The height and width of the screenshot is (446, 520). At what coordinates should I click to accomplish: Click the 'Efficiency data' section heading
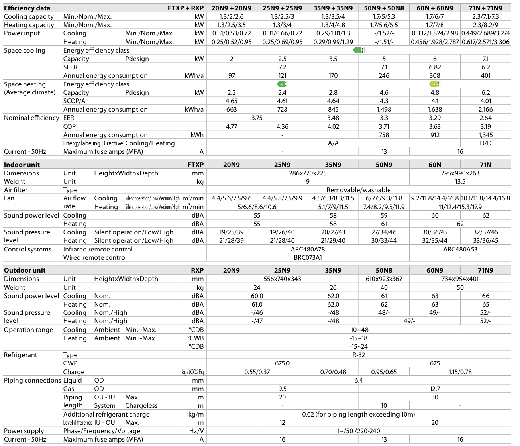click(x=27, y=8)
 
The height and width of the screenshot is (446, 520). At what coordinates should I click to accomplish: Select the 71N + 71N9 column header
click(x=485, y=8)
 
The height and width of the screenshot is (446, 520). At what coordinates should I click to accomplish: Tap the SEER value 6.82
click(x=434, y=67)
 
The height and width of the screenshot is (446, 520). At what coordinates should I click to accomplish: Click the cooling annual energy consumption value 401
click(x=485, y=76)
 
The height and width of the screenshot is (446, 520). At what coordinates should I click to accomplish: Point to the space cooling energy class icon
click(x=358, y=50)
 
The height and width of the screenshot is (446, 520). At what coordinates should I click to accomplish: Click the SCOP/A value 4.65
click(x=232, y=101)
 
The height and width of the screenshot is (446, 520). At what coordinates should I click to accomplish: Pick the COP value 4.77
click(x=232, y=127)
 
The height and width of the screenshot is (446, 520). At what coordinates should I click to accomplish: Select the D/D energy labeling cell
click(x=485, y=143)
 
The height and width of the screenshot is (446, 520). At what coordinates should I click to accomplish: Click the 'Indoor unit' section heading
click(x=22, y=165)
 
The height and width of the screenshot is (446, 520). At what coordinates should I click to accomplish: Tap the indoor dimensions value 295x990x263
click(x=460, y=173)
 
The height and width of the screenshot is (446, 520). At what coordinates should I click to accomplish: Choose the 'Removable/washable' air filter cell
click(x=358, y=190)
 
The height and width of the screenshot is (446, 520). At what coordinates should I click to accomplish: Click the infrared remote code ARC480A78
click(x=308, y=250)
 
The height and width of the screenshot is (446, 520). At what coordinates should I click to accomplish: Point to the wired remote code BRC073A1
click(x=308, y=258)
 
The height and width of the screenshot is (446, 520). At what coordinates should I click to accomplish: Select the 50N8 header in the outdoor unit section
click(x=384, y=270)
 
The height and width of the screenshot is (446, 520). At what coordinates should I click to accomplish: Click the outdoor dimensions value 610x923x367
click(x=384, y=279)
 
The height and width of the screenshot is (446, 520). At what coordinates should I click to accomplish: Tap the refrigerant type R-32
click(x=358, y=355)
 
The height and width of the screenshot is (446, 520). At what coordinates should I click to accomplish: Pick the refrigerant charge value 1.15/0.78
click(x=460, y=372)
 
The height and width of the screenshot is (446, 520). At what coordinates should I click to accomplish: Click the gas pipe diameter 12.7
click(x=434, y=389)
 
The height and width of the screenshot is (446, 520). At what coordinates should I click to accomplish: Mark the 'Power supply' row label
click(x=24, y=431)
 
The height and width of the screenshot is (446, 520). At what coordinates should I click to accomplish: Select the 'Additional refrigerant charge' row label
click(x=106, y=415)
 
